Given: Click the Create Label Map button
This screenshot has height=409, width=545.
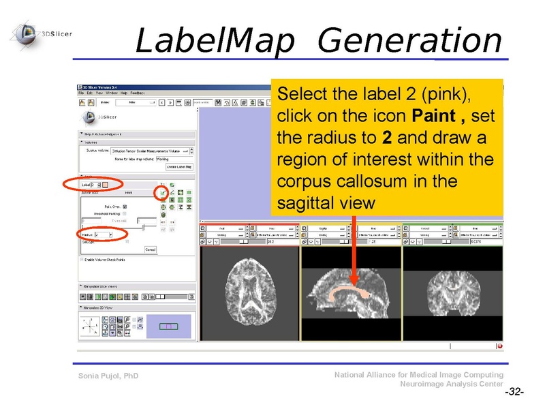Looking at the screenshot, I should (179, 167).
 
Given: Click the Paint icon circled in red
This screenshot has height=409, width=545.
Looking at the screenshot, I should (163, 193).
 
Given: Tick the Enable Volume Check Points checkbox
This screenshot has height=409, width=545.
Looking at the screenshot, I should (82, 260).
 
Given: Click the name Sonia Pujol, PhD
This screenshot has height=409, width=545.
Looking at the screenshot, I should (108, 376).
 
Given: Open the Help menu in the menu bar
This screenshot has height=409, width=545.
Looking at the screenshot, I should (123, 93).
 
